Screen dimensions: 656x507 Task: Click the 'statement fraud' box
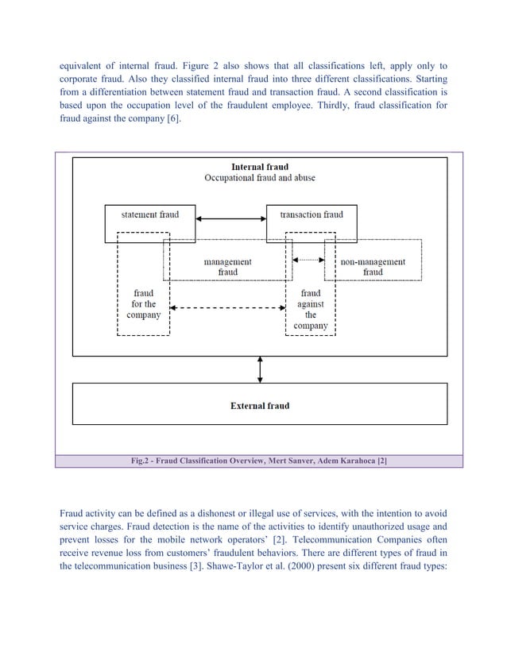(150, 214)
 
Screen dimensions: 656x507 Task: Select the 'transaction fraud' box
(311, 214)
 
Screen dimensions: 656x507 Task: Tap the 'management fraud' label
(227, 267)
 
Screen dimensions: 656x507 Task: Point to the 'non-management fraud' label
(373, 267)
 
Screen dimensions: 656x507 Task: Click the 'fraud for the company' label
(143, 303)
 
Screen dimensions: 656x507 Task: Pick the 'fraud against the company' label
(310, 309)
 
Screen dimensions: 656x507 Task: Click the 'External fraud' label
(260, 406)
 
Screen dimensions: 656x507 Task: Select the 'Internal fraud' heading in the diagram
(260, 168)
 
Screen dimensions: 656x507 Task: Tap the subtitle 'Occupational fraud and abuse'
(260, 178)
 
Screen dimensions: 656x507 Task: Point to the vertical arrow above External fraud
(260, 369)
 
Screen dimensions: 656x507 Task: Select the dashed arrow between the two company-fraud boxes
(227, 307)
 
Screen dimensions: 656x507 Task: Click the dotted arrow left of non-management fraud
(309, 258)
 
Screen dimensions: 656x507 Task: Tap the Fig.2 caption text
(259, 461)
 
